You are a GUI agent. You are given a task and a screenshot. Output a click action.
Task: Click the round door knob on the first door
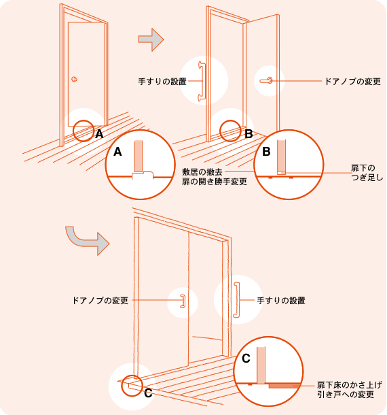[75, 79]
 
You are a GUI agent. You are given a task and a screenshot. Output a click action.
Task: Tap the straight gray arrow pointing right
[151, 39]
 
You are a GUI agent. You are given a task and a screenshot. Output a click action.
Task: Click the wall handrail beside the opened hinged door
[202, 82]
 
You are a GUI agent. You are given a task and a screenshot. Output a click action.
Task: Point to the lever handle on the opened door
[266, 81]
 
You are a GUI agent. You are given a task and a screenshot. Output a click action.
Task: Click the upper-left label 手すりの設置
[162, 81]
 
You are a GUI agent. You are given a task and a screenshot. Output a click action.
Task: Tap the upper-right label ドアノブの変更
[352, 81]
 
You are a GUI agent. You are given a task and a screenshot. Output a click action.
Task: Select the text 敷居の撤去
[202, 172]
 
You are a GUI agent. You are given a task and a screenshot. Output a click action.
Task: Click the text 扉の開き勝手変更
[215, 182]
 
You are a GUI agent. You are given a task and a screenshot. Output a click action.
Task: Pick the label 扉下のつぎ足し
[367, 173]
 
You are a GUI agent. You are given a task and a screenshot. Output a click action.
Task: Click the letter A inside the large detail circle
[117, 152]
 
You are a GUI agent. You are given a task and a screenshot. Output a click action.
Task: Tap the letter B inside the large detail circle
[266, 152]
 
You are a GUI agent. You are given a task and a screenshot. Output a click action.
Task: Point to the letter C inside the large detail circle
[246, 359]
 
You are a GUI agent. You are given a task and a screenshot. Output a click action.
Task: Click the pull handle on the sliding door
[183, 301]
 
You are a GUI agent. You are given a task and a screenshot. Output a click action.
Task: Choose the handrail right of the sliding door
[237, 299]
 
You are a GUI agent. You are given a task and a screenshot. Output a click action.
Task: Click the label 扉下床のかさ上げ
[350, 385]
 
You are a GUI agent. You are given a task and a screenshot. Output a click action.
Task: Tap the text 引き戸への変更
[346, 395]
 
